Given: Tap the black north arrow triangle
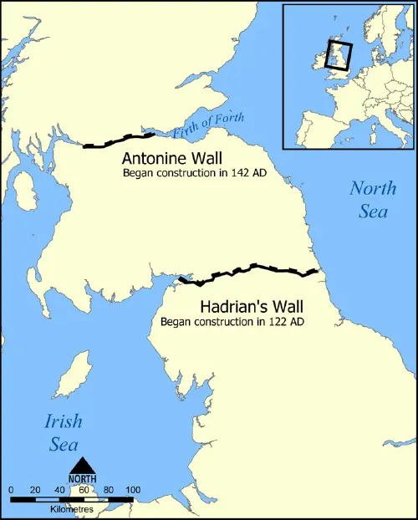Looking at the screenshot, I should [82, 466].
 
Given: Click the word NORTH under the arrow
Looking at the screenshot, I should [82, 479].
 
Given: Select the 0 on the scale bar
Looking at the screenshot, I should [11, 489].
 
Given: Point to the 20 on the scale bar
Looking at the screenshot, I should [35, 489].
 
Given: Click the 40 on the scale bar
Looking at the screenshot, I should [59, 489].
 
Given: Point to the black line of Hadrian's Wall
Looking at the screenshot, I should [251, 269].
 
